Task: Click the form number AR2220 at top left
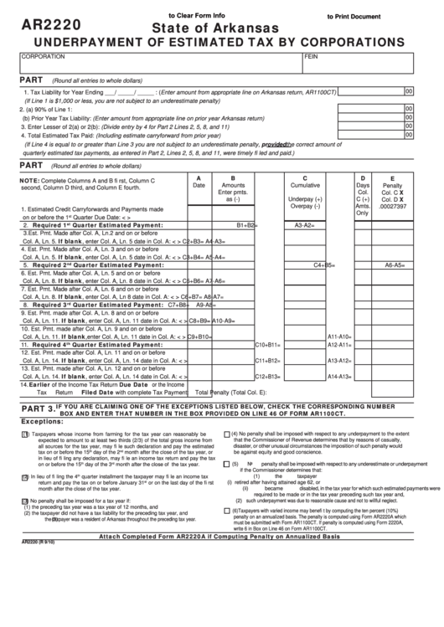(x=52, y=26)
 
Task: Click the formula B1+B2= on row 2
(x=246, y=225)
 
